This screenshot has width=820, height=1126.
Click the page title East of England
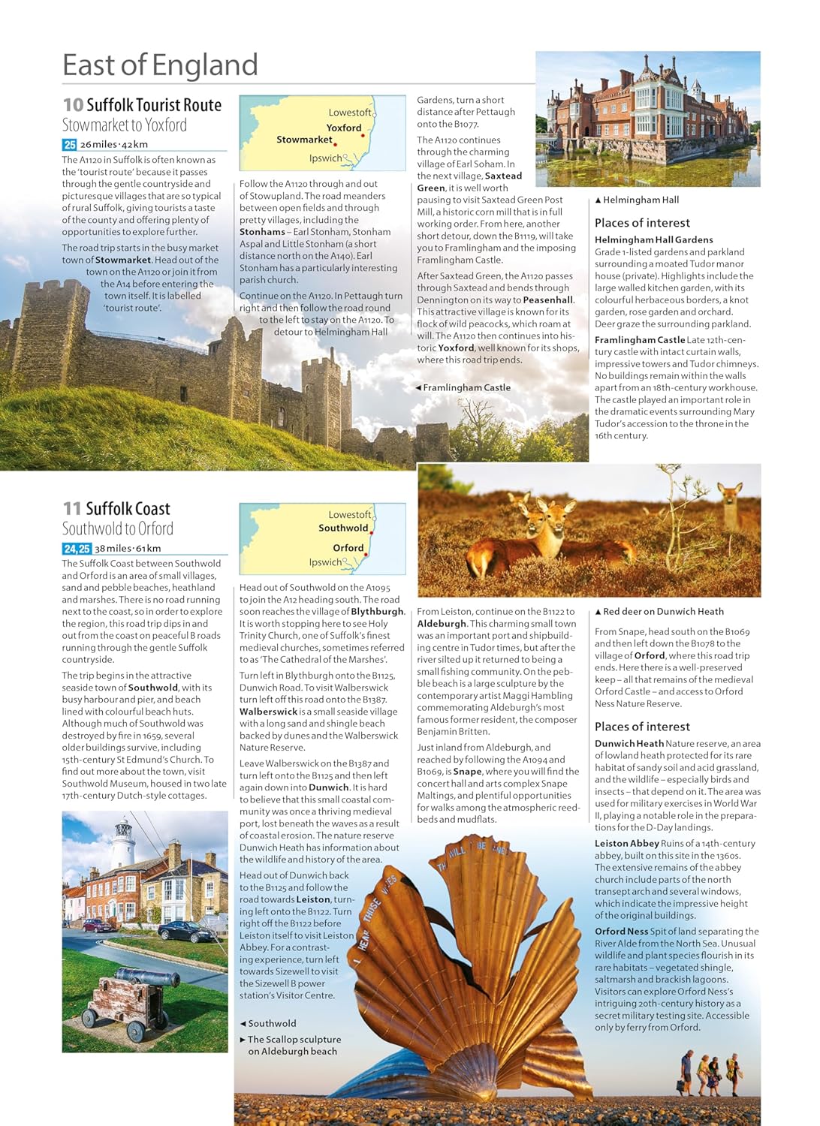tap(160, 65)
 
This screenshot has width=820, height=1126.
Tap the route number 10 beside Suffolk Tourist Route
tap(73, 105)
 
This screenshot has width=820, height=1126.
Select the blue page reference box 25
tap(69, 145)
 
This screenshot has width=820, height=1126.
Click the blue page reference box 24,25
tap(77, 549)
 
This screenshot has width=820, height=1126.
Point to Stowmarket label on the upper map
tap(304, 140)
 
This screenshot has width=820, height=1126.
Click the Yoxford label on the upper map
tap(344, 128)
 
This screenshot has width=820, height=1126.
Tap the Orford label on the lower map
tap(348, 548)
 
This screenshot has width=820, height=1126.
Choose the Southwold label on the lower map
tap(343, 528)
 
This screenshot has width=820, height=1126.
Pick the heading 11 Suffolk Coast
tap(116, 508)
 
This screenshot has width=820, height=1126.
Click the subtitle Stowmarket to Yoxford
tap(124, 125)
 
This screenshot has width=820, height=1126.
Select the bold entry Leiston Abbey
tap(627, 844)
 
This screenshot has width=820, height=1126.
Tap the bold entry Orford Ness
tap(621, 932)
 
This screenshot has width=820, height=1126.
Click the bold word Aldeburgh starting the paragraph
tap(442, 624)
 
